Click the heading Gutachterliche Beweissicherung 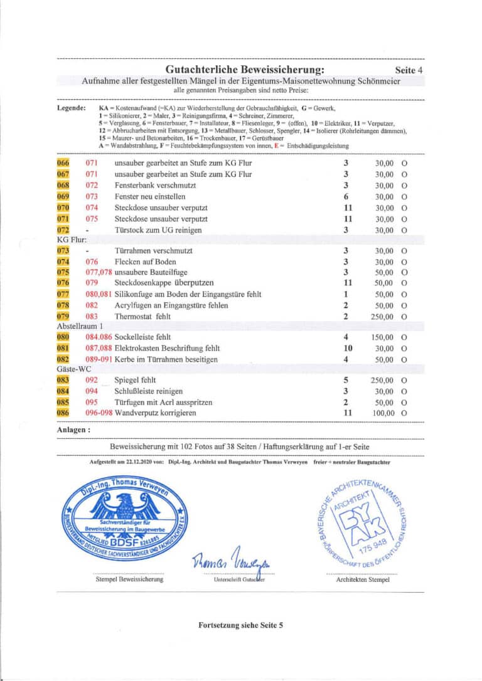[245, 69]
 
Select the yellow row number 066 [63, 163]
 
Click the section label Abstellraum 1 [80, 327]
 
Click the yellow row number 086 [63, 413]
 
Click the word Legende [72, 108]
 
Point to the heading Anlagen [73, 431]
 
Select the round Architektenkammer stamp [361, 522]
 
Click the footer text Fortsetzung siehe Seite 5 [241, 625]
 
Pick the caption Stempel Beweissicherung [128, 579]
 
